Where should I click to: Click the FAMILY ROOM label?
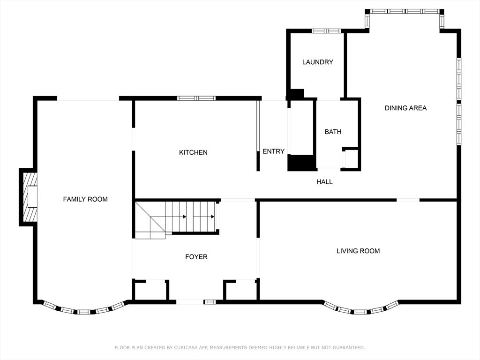(85, 199)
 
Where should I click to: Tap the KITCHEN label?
(193, 152)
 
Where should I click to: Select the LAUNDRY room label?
(318, 62)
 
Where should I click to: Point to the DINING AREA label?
(405, 108)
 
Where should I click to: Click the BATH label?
(333, 132)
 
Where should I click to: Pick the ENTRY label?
(274, 151)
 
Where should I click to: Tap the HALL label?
(324, 182)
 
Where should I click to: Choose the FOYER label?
(196, 257)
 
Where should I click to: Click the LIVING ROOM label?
(358, 251)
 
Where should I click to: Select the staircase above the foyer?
(176, 220)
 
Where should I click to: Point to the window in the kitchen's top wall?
(196, 98)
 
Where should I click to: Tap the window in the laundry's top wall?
(326, 31)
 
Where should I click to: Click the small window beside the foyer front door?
(210, 302)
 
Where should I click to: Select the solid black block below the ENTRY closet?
(301, 163)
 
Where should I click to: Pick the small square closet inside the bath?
(351, 159)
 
